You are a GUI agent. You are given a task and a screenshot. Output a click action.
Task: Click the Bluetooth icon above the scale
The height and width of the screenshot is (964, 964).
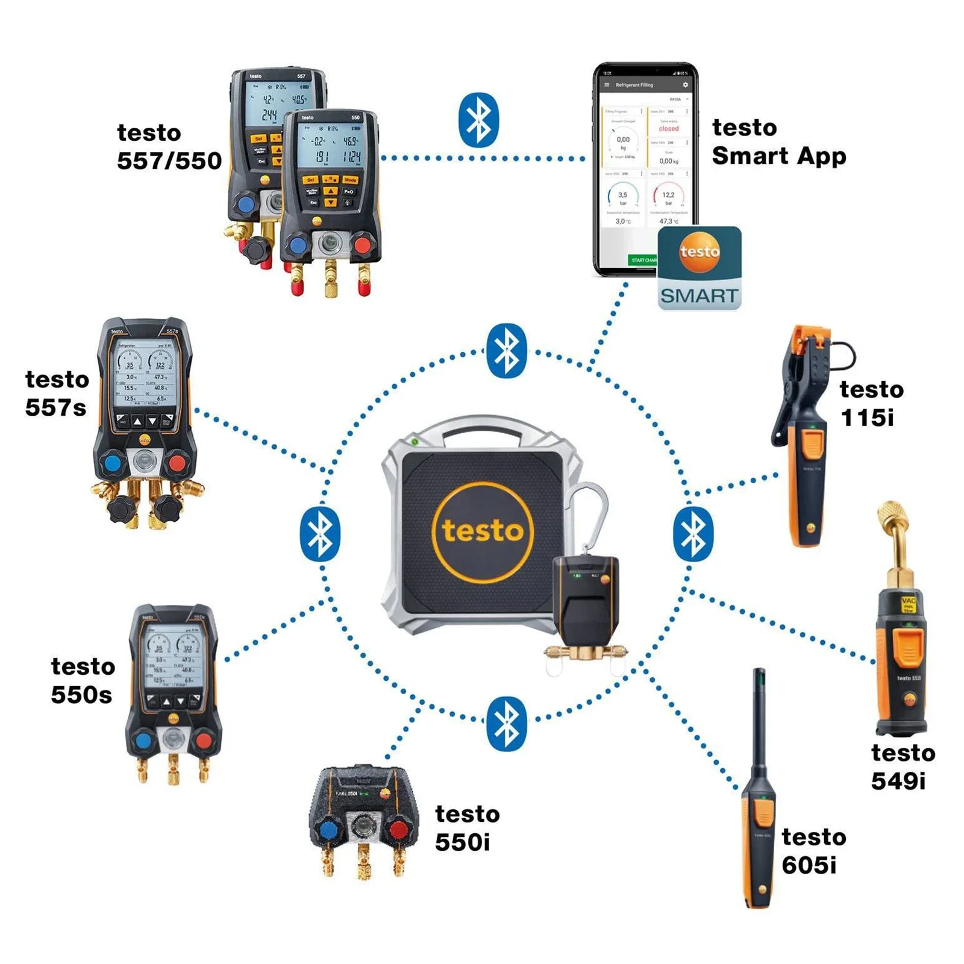[x=506, y=351]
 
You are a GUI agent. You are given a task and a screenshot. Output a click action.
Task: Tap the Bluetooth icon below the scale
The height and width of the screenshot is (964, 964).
[x=506, y=724]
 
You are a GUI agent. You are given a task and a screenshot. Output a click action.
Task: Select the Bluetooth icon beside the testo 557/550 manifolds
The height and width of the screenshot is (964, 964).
[x=479, y=120]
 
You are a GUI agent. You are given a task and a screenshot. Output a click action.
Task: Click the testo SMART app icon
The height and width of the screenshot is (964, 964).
[x=699, y=268]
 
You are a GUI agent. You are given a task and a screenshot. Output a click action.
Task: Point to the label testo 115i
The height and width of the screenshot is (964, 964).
[x=871, y=403]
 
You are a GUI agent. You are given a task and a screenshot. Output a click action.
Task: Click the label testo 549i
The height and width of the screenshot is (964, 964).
[x=902, y=766]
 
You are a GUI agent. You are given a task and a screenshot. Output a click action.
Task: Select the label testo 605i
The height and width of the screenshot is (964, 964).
[x=813, y=851]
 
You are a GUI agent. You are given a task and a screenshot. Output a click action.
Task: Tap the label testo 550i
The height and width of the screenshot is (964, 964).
[x=467, y=828]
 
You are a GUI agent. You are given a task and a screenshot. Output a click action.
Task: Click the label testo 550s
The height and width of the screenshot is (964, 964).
[x=83, y=680]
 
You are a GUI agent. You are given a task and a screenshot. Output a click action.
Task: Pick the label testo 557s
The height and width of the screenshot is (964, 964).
[x=57, y=393]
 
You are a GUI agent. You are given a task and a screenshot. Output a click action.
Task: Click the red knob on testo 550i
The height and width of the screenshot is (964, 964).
[x=399, y=829]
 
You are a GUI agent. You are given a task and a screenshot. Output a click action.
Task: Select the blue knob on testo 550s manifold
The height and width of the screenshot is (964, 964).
[x=143, y=740]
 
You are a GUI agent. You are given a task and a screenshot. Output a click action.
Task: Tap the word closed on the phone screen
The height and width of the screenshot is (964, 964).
[x=668, y=128]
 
